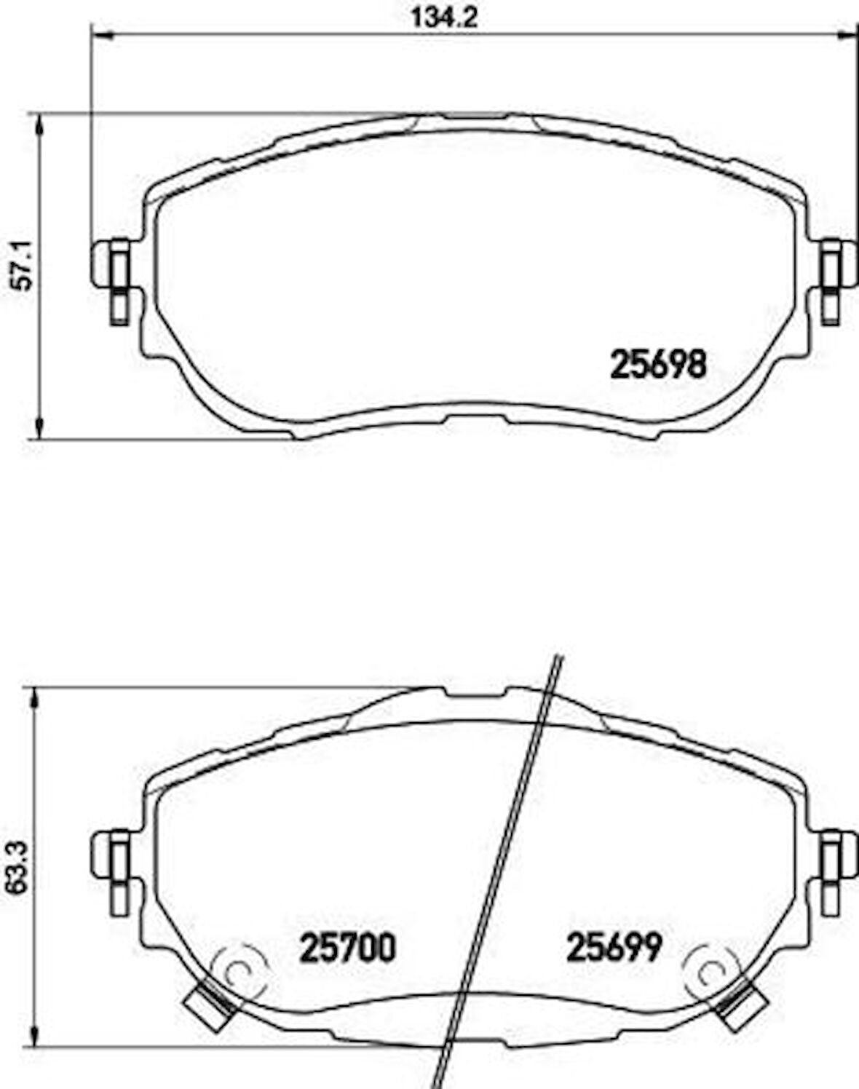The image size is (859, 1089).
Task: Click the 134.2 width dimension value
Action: (444, 18)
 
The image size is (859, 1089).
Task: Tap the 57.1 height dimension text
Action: (23, 266)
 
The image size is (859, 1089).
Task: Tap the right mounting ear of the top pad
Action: (836, 282)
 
